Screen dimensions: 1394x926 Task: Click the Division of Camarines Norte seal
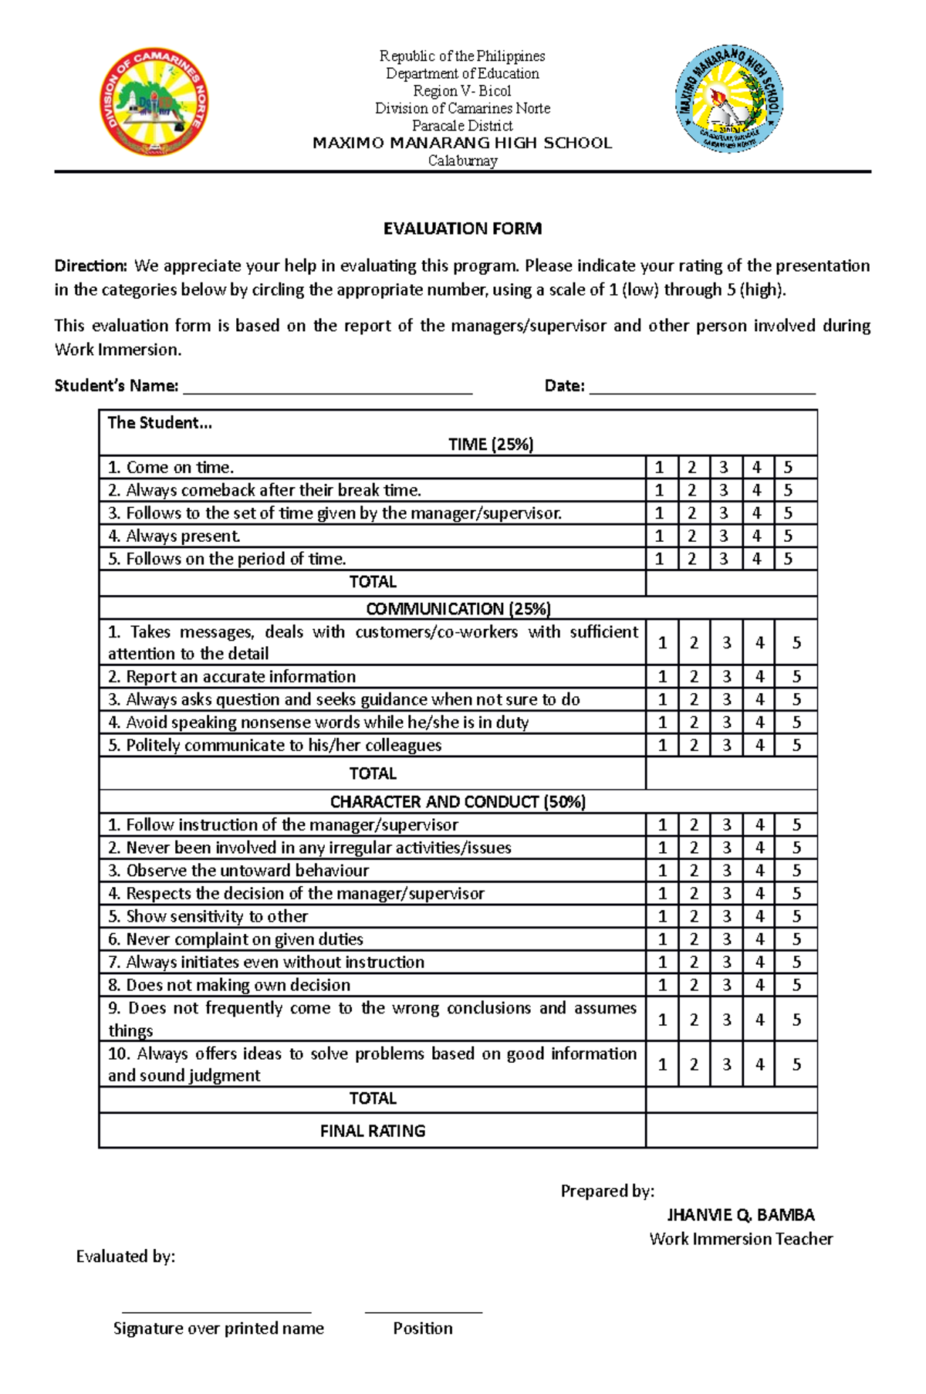pyautogui.click(x=154, y=101)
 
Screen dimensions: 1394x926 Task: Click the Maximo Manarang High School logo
pyautogui.click(x=729, y=98)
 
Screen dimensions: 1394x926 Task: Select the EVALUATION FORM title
pyautogui.click(x=462, y=228)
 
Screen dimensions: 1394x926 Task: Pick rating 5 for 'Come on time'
pyautogui.click(x=788, y=467)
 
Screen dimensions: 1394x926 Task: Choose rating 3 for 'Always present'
pyautogui.click(x=723, y=536)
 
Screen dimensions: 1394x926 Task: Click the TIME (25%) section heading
pyautogui.click(x=491, y=445)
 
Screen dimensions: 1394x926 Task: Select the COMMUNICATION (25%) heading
pyautogui.click(x=458, y=608)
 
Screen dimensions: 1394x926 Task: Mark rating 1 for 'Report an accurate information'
pyautogui.click(x=662, y=677)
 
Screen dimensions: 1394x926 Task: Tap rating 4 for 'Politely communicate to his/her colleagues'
pyautogui.click(x=759, y=746)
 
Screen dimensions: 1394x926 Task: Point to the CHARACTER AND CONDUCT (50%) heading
pyautogui.click(x=458, y=802)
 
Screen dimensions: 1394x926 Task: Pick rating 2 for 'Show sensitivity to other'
pyautogui.click(x=694, y=916)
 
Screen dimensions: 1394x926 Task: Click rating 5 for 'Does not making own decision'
pyautogui.click(x=796, y=985)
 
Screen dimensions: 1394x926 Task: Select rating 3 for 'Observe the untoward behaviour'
pyautogui.click(x=726, y=871)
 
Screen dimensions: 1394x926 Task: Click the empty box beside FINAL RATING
pyautogui.click(x=731, y=1131)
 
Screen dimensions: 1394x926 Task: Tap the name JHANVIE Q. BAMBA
pyautogui.click(x=741, y=1215)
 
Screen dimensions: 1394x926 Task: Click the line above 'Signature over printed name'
pyautogui.click(x=217, y=1311)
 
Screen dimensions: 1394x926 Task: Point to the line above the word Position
pyautogui.click(x=423, y=1311)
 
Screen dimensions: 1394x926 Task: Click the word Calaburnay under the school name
pyautogui.click(x=462, y=161)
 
